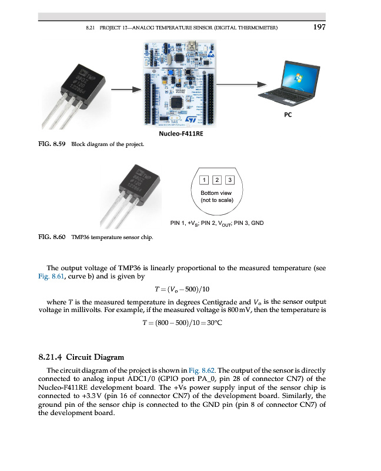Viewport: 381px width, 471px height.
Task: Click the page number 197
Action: (x=319, y=26)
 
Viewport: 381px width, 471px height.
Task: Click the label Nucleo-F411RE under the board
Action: (x=182, y=134)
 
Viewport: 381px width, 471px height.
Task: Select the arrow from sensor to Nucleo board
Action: (x=127, y=89)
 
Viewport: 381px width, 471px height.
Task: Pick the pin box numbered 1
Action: (x=203, y=180)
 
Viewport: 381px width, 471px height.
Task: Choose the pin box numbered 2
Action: (x=216, y=180)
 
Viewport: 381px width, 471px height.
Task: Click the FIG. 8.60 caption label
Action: (x=52, y=238)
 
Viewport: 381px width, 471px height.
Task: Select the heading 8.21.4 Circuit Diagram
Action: (x=81, y=357)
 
